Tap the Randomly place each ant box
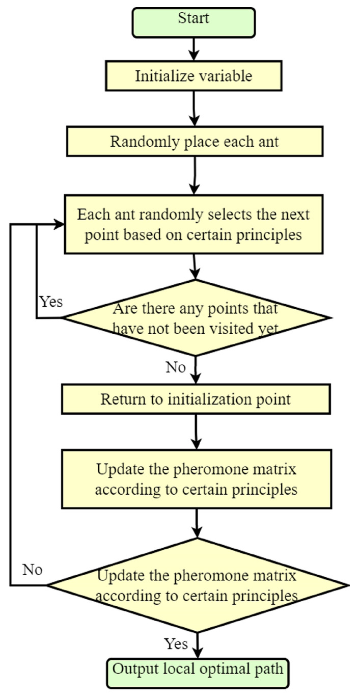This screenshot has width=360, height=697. (x=195, y=141)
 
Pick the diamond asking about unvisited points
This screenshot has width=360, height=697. (x=196, y=318)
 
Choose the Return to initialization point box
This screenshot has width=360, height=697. (x=196, y=398)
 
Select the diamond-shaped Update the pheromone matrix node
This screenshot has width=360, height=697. (x=196, y=585)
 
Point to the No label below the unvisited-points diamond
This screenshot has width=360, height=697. (x=176, y=367)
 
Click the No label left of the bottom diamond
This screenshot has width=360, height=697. (x=32, y=569)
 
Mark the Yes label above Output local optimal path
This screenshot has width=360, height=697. (x=176, y=644)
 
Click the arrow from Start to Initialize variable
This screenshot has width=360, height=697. (x=194, y=49)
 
